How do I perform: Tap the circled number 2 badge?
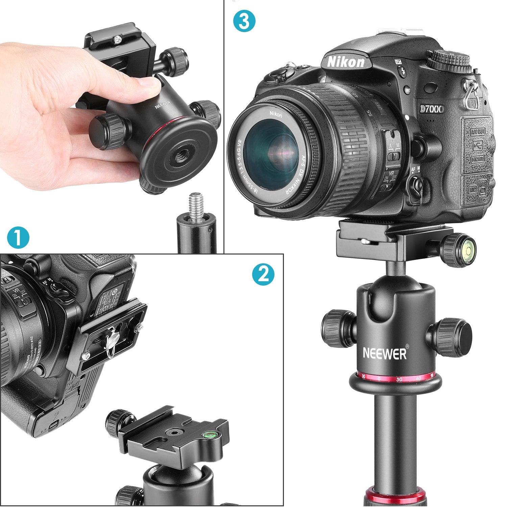[x=263, y=274]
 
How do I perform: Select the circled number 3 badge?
[x=244, y=21]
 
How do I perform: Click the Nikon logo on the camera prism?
[x=346, y=62]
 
